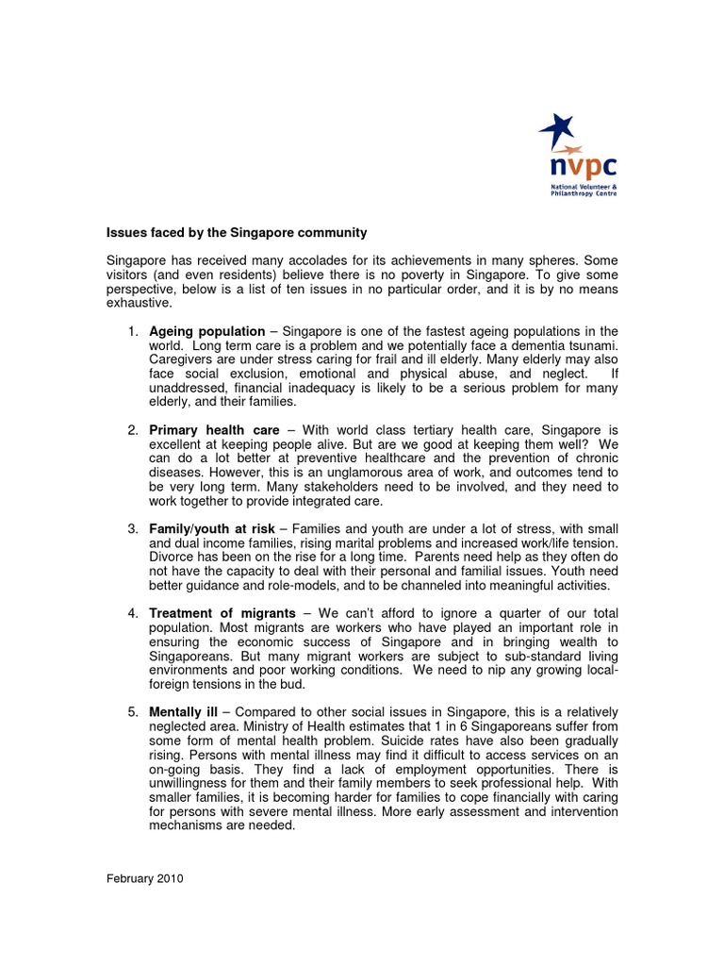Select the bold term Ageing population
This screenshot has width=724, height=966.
coord(206,332)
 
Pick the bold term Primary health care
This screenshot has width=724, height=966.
coord(214,430)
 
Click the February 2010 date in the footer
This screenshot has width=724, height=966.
coord(143,878)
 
